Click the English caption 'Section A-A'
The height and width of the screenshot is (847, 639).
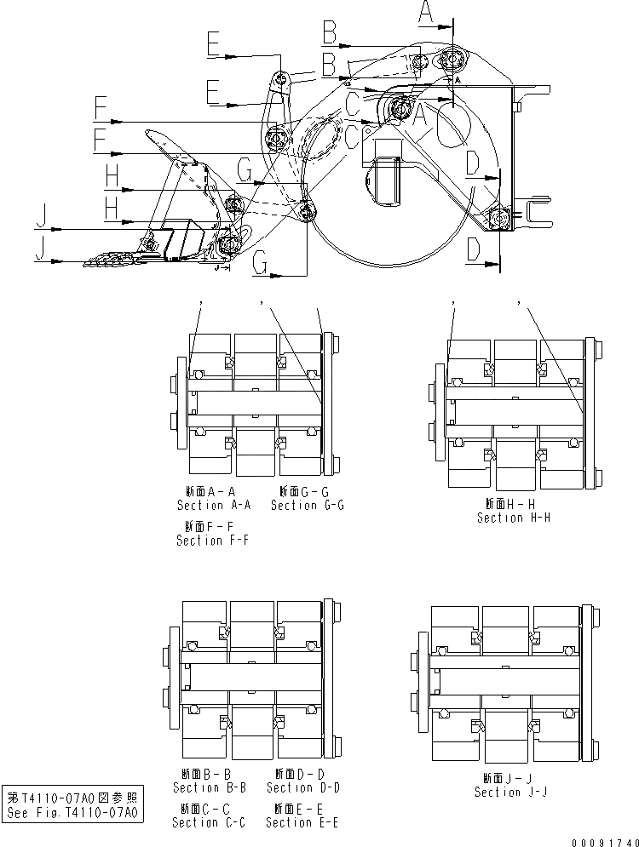(x=214, y=505)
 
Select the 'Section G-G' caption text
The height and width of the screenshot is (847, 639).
(x=308, y=505)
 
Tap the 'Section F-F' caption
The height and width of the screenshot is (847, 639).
(x=213, y=541)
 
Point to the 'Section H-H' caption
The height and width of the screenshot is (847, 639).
(x=514, y=518)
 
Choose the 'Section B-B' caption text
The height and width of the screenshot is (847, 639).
(x=210, y=787)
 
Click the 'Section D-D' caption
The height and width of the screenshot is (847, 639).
(x=303, y=787)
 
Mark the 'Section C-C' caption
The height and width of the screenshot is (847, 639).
(x=209, y=822)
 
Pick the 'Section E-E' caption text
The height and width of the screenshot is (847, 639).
(x=302, y=822)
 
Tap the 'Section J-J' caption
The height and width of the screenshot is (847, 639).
(x=510, y=792)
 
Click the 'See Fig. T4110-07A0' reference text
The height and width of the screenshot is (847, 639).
(x=72, y=813)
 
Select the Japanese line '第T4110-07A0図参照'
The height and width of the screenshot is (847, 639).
(x=72, y=798)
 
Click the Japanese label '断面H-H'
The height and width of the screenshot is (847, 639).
(x=514, y=503)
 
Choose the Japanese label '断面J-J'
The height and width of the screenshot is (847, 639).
(x=510, y=777)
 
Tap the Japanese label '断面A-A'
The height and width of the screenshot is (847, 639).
(x=214, y=490)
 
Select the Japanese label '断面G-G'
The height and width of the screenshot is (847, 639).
(x=308, y=490)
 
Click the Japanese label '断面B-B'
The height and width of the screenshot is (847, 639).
(x=210, y=773)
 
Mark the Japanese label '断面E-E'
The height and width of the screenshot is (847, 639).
(x=303, y=808)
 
